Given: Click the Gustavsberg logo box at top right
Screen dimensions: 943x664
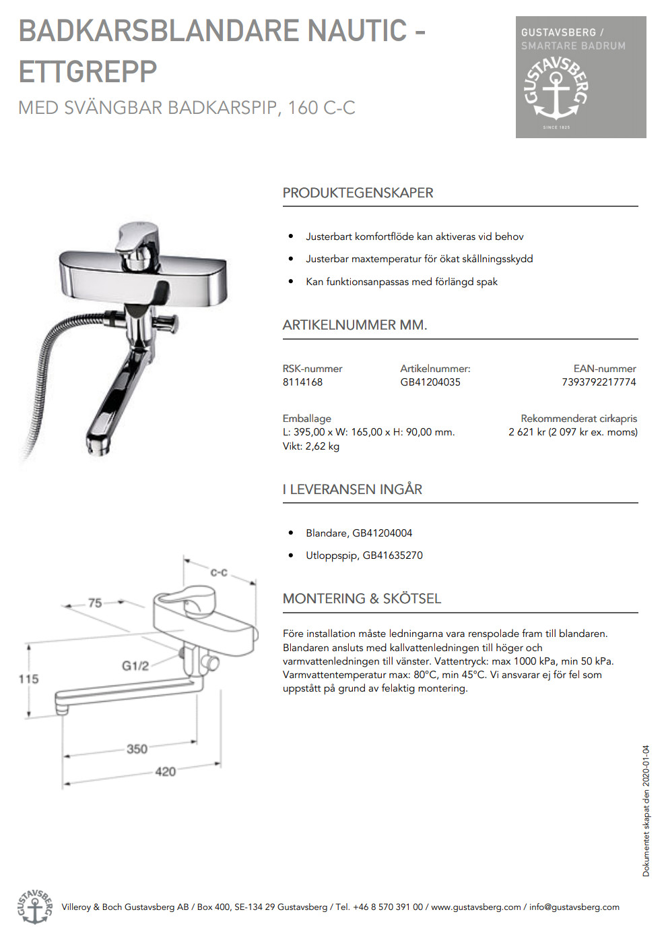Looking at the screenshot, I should (x=580, y=77).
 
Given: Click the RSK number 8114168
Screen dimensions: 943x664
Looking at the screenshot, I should (x=302, y=382).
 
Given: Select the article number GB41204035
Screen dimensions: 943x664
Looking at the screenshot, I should (x=430, y=382).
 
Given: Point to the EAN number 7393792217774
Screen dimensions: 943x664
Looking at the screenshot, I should (x=599, y=382).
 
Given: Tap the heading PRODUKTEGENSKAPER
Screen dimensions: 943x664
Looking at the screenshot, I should (x=358, y=193).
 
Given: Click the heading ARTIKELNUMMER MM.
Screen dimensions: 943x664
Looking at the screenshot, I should (x=355, y=325).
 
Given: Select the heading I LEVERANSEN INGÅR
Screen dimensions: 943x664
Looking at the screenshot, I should (x=352, y=489).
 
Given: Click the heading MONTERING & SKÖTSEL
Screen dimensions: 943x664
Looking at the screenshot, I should (x=362, y=599).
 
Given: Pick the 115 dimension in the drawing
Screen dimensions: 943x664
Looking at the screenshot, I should (x=28, y=679).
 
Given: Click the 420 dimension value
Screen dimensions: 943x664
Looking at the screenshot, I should (x=165, y=772).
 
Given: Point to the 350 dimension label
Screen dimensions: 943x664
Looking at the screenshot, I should (x=137, y=749).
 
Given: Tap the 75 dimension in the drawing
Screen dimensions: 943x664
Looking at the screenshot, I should (x=95, y=603).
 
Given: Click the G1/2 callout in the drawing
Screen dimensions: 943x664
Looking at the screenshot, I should (x=135, y=666).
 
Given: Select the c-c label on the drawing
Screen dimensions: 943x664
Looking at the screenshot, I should (x=219, y=573).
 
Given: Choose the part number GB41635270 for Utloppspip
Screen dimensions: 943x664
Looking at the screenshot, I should (x=393, y=555).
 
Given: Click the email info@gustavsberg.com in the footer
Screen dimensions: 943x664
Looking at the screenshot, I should (x=574, y=907).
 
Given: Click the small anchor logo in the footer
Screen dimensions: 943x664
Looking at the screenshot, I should (x=34, y=907).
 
